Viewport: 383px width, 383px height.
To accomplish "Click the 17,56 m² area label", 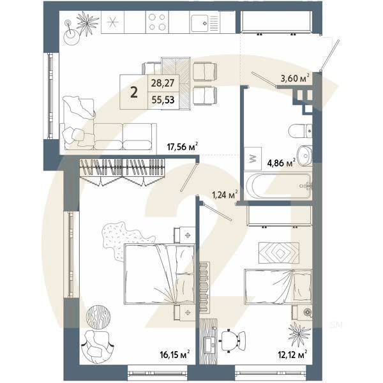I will (x=181, y=146).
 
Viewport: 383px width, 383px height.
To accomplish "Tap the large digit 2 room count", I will (x=134, y=91).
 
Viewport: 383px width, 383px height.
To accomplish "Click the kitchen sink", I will (x=204, y=23).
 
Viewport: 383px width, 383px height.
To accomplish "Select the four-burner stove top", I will (x=156, y=23).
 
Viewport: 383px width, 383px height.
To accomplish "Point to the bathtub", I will (x=280, y=186).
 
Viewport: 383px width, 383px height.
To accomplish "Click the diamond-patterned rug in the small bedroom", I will (x=278, y=253).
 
